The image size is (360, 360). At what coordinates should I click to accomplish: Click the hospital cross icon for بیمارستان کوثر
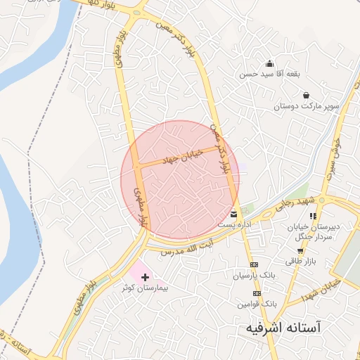[146, 278]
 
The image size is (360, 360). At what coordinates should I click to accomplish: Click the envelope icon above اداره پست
[233, 214]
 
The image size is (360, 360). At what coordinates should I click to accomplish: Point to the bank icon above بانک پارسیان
[254, 263]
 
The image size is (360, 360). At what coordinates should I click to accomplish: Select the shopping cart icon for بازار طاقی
[300, 250]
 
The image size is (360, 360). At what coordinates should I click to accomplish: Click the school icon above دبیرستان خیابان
[313, 216]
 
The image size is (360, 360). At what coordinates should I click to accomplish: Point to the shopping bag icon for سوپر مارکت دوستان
[306, 95]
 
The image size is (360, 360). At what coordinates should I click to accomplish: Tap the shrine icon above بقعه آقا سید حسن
[269, 64]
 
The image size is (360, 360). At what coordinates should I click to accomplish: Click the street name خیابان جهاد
[182, 156]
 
